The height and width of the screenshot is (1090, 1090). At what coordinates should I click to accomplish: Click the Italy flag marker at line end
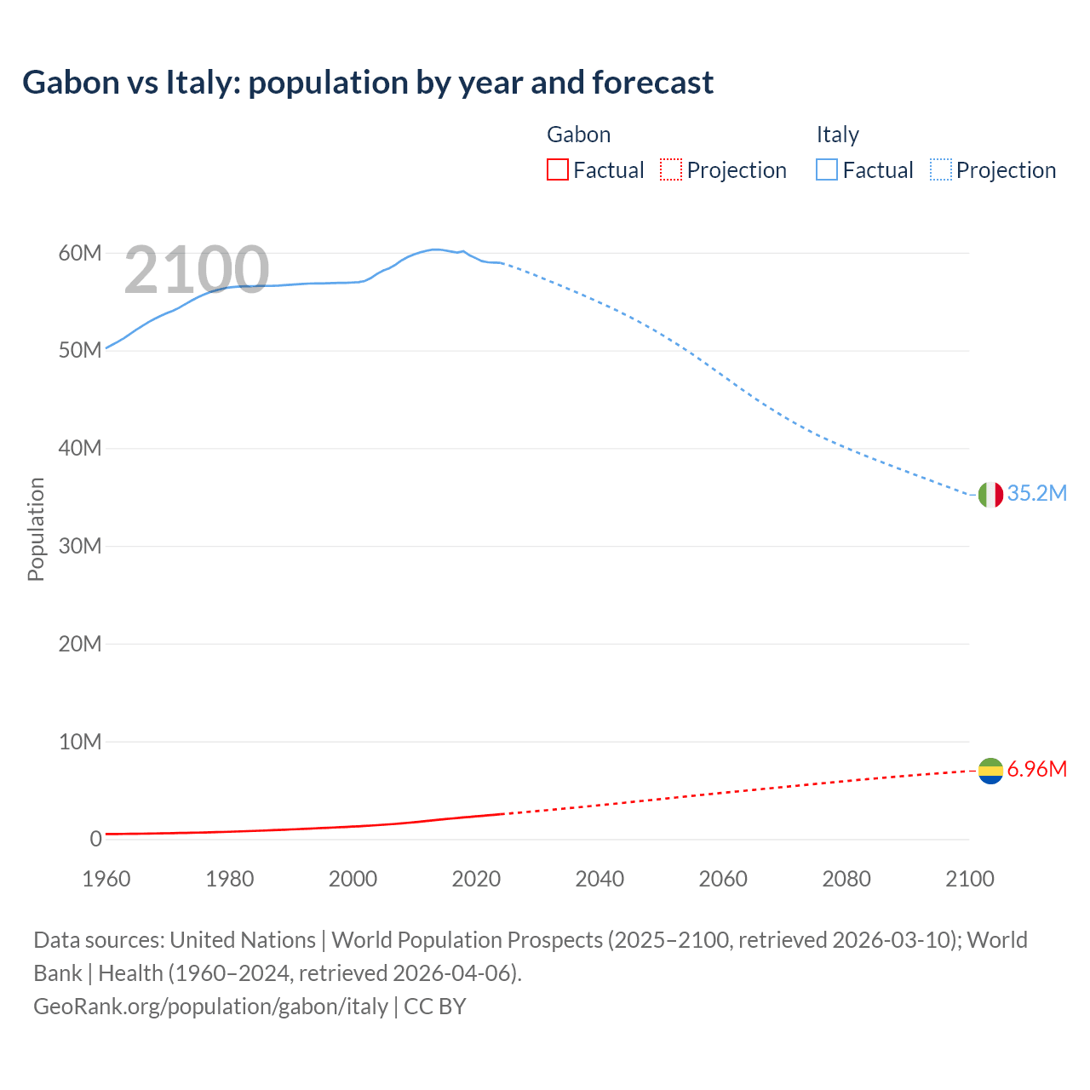(x=990, y=494)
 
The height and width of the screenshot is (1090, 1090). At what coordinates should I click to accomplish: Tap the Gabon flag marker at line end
(x=990, y=771)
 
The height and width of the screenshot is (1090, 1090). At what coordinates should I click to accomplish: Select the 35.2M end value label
(x=1036, y=494)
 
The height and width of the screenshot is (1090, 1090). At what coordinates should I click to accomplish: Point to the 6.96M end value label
(x=1036, y=770)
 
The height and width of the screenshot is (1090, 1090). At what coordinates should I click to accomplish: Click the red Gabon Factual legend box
(x=558, y=170)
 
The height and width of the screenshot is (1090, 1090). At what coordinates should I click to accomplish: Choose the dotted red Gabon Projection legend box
(x=671, y=170)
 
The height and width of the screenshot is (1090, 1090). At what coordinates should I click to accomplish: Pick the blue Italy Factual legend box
(x=827, y=170)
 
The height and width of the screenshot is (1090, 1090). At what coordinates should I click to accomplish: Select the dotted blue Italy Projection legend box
(x=941, y=170)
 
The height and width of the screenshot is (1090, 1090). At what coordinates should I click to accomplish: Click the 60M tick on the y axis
(x=80, y=253)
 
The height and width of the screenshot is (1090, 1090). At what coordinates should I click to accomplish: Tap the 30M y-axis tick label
(x=80, y=546)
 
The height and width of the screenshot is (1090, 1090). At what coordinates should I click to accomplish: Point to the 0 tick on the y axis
(x=95, y=840)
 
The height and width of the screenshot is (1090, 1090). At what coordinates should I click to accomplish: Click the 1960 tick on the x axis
(x=106, y=879)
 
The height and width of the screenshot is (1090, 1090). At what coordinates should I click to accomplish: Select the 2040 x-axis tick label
(x=599, y=879)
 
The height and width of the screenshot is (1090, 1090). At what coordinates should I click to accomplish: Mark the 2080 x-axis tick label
(x=846, y=879)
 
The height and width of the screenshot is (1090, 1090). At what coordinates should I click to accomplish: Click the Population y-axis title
(x=36, y=529)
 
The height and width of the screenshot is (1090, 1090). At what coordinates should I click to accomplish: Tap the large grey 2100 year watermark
(x=197, y=271)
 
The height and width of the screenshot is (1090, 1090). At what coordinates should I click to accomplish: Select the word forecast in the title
(x=652, y=83)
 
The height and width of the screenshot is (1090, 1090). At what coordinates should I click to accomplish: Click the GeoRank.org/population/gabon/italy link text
(x=210, y=1007)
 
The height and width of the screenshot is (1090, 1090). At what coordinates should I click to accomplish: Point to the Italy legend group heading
(x=837, y=135)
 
